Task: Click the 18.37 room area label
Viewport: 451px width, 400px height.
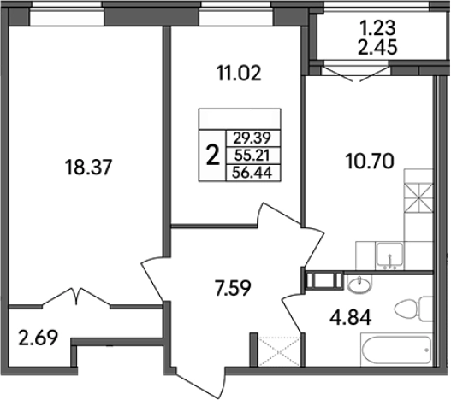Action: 88,168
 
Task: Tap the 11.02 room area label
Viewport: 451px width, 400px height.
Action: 239,73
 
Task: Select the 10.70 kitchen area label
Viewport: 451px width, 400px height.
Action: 370,161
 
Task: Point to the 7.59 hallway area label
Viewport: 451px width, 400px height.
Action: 233,288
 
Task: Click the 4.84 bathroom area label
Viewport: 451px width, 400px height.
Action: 351,318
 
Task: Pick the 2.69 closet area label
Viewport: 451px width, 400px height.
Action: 38,338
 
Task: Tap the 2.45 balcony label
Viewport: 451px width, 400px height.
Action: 377,47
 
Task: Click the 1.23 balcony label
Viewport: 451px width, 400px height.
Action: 377,28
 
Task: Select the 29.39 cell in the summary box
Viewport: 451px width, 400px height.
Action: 252,138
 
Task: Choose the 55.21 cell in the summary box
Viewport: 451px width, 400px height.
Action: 252,156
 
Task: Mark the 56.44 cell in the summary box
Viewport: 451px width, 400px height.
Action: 252,173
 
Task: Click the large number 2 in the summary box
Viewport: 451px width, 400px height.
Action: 213,156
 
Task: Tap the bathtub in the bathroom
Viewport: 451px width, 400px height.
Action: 396,350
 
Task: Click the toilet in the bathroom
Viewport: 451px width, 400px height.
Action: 413,309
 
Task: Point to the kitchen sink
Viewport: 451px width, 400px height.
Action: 389,256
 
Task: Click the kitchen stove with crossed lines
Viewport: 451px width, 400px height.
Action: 418,198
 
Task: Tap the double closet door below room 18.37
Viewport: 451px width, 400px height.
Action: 76,297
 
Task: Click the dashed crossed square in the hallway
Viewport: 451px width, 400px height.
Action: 279,351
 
